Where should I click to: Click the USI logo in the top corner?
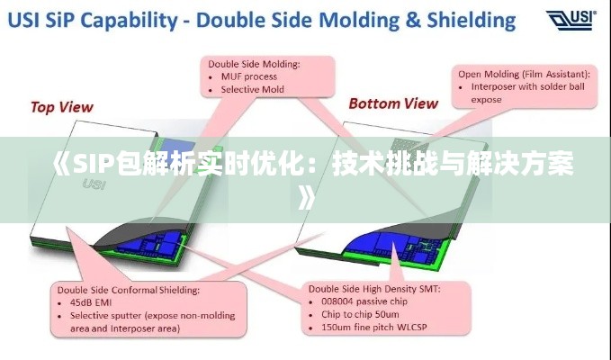point(572,20)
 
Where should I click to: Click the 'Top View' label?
point(62,107)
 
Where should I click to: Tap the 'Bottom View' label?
point(393,103)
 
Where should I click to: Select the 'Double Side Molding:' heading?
point(255,64)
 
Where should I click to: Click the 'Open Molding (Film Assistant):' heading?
point(524,74)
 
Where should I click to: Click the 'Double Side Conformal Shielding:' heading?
point(129,291)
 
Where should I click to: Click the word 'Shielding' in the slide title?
point(472,19)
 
